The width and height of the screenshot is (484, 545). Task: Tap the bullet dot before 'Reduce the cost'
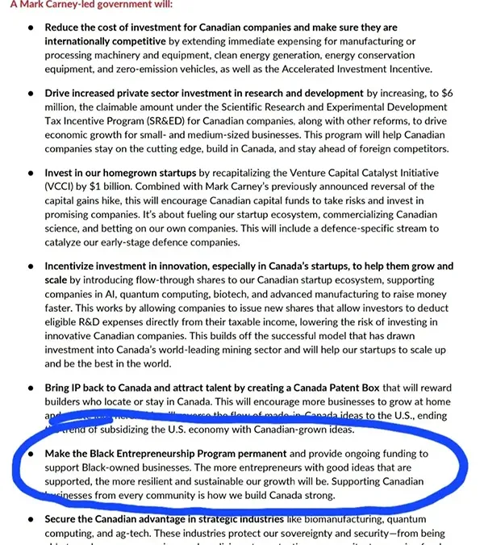[30, 27]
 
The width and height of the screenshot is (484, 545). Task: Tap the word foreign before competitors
[378, 149]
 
